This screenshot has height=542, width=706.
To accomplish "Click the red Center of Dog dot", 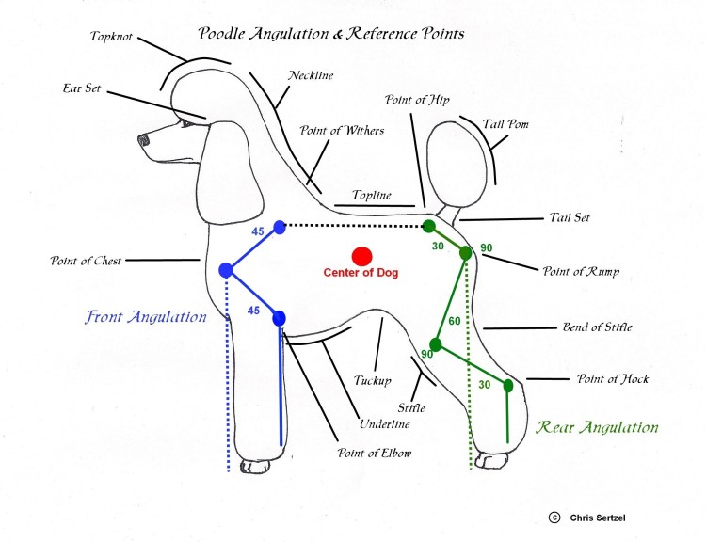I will pyautogui.click(x=361, y=255).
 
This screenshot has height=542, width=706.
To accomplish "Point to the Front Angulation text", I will pyautogui.click(x=146, y=317).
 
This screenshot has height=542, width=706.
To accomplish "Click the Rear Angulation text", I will pyautogui.click(x=597, y=427).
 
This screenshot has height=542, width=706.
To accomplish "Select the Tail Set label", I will pyautogui.click(x=570, y=217).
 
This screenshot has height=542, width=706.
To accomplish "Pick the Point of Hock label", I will pyautogui.click(x=613, y=379).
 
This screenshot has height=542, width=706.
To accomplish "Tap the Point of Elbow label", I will pyautogui.click(x=375, y=454).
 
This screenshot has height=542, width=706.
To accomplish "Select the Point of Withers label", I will pyautogui.click(x=342, y=131).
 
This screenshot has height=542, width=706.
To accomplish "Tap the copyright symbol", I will pyautogui.click(x=554, y=517).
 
